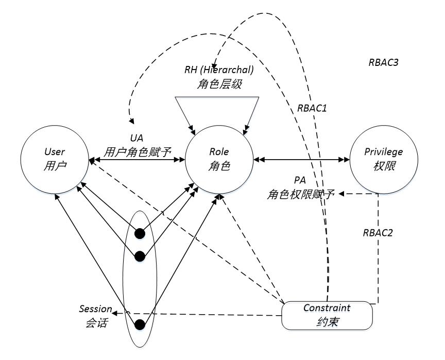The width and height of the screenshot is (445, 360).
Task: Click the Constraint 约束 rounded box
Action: [x=327, y=315]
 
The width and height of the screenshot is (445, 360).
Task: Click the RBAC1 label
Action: [x=313, y=108]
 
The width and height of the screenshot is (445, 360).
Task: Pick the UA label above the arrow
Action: [x=136, y=139]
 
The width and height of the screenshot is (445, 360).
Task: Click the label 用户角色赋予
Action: [x=136, y=151]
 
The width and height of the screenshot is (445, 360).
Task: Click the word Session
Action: [x=95, y=309]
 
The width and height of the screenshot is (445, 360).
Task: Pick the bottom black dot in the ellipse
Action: [x=139, y=324]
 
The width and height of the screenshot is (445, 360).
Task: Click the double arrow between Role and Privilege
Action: [x=302, y=160]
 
